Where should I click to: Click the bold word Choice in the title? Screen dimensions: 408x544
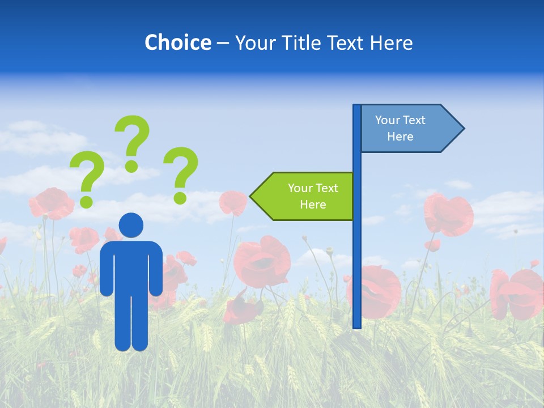click(177, 42)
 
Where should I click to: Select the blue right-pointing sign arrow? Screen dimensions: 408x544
click(408, 129)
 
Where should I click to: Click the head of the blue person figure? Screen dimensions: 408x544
click(131, 225)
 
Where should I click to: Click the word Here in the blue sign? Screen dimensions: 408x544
click(400, 137)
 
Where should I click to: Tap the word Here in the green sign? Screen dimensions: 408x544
click(313, 205)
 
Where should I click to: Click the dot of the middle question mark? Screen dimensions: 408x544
click(131, 165)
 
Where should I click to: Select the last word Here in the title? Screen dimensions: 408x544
click(392, 43)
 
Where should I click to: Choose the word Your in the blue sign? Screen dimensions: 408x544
click(387, 120)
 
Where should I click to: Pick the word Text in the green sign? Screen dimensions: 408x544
click(326, 188)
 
